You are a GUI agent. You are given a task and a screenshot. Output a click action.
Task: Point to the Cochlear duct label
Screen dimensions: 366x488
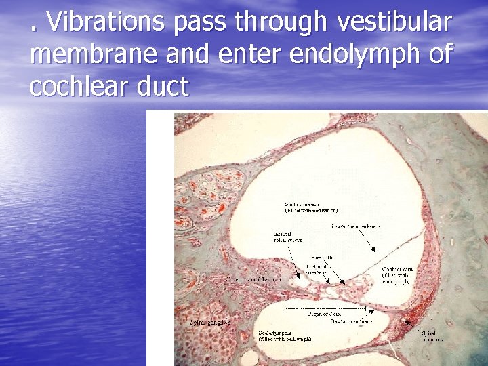[x=399, y=275]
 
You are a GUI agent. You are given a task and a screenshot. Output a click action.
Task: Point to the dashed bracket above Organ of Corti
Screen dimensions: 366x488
[x=325, y=308]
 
